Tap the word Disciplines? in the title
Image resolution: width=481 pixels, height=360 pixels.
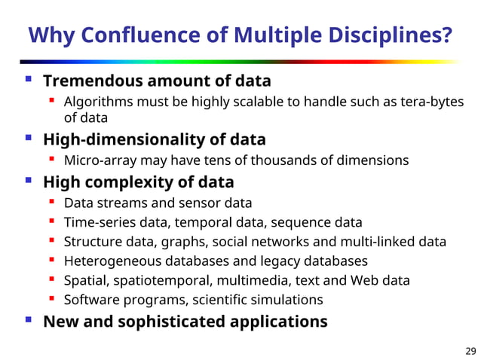tap(388, 35)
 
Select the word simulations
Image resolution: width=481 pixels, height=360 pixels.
tap(290, 300)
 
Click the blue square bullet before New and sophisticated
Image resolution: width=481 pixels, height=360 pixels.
tap(28, 320)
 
